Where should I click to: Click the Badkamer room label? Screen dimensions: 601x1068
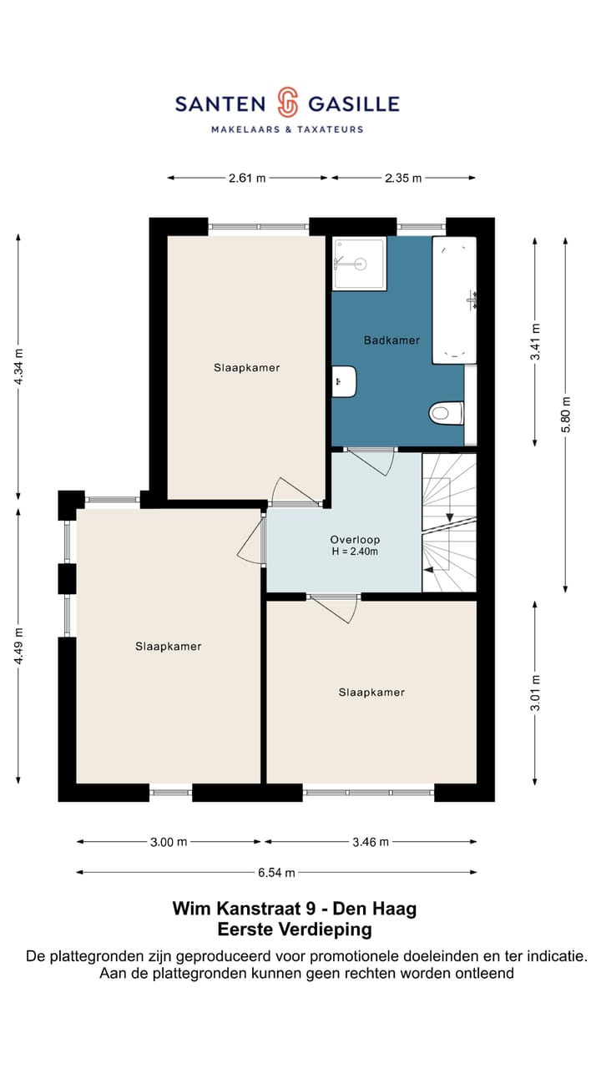point(391,340)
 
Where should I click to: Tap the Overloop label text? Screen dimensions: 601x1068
point(355,540)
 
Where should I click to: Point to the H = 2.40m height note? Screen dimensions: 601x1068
point(355,552)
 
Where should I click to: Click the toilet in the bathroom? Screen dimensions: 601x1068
point(447,413)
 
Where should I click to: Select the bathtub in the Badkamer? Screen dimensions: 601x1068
point(454,300)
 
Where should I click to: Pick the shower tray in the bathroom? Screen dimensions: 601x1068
point(359,263)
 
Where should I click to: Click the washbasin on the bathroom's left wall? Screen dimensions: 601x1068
point(344,381)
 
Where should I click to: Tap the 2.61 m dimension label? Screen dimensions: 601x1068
point(247,179)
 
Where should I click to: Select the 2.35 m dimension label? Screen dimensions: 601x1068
point(403,179)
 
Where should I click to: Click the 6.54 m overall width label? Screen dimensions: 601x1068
point(276,873)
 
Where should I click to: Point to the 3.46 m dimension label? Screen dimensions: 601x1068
point(371,843)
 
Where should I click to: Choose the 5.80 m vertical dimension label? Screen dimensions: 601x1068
point(566,415)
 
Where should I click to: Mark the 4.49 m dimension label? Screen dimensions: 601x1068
point(18,646)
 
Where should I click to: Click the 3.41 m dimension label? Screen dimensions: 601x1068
point(536,342)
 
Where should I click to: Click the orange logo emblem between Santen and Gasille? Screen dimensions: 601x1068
point(288,102)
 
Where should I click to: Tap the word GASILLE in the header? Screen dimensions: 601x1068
point(354,104)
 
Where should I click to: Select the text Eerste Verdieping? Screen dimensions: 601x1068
point(295,929)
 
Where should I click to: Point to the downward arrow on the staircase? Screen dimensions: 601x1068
point(449,517)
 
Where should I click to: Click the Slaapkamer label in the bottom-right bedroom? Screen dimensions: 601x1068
point(371,693)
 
